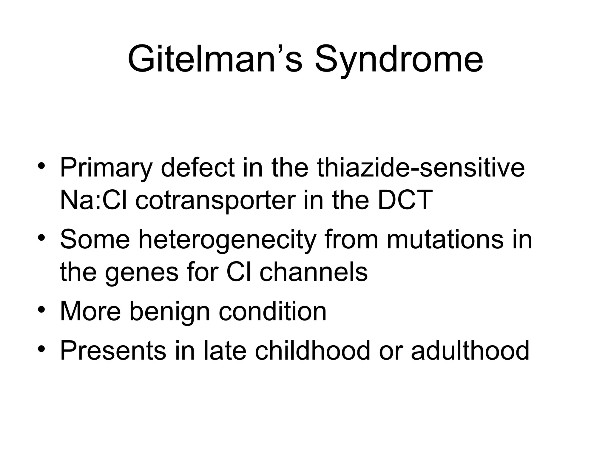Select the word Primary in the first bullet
(x=106, y=169)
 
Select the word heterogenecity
(x=227, y=240)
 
